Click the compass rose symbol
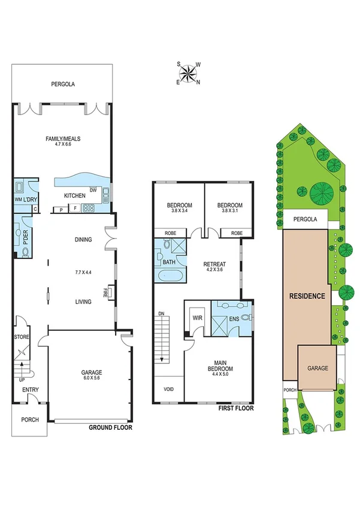[189, 73]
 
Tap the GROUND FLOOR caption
[110, 428]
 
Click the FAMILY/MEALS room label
[63, 139]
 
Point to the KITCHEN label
[75, 195]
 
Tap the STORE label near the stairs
[22, 337]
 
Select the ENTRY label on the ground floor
[31, 390]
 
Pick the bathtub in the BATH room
[168, 276]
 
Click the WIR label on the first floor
[196, 318]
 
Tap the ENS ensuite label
[235, 318]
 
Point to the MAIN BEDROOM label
[220, 364]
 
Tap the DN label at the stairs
[161, 314]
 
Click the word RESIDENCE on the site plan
[307, 296]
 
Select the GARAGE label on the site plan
[317, 368]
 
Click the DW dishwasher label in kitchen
[93, 191]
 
